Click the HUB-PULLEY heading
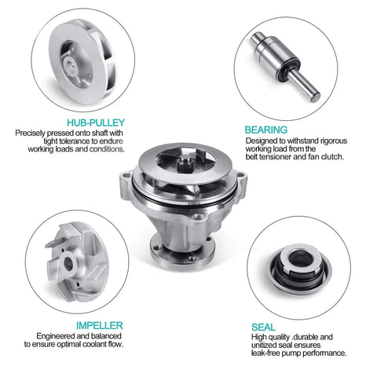pyautogui.click(x=96, y=123)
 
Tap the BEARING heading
pyautogui.click(x=266, y=130)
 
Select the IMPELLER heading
pyautogui.click(x=100, y=325)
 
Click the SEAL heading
pyautogui.click(x=263, y=328)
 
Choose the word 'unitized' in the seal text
pyautogui.click(x=264, y=345)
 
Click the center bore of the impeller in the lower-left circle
pyautogui.click(x=68, y=264)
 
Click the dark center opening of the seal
pyautogui.click(x=301, y=258)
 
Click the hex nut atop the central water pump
pyautogui.click(x=185, y=162)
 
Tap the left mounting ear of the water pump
pyautogui.click(x=126, y=183)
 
